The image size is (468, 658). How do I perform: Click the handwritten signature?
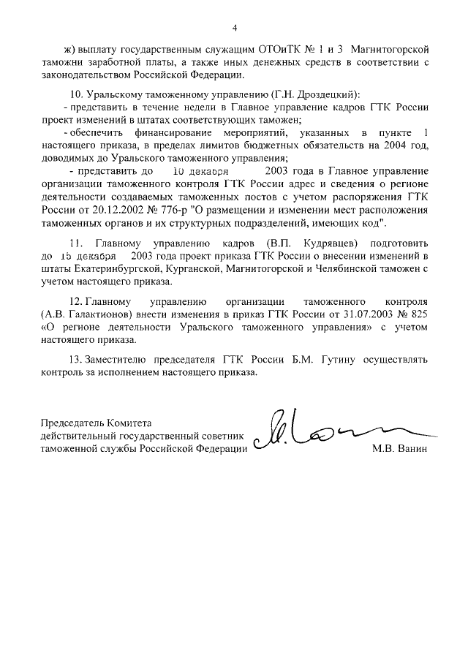pos(322,433)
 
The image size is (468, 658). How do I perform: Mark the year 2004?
pos(397,145)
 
